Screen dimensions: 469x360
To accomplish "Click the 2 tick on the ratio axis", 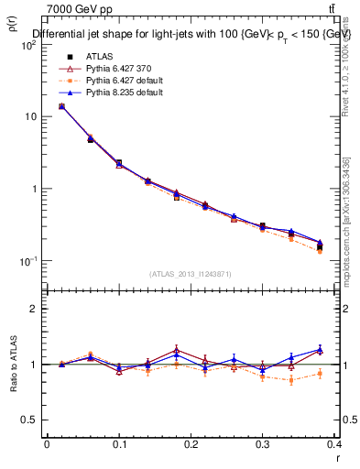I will pos(34,309).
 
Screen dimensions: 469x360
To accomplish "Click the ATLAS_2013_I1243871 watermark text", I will pos(191,274).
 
